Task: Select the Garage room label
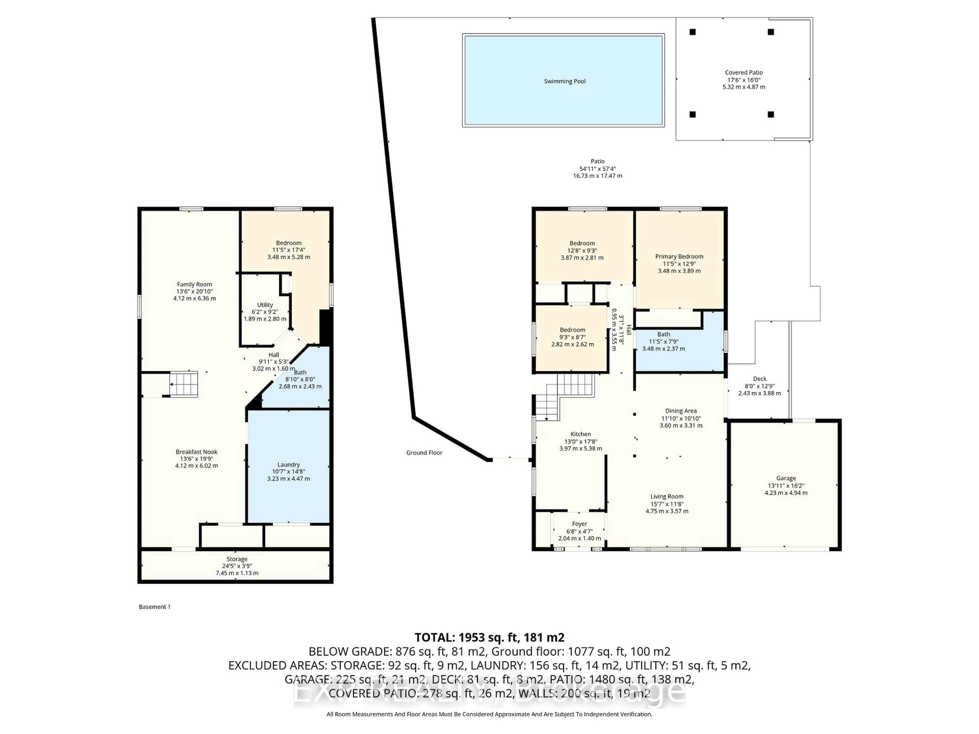point(786,478)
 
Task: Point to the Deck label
point(759,379)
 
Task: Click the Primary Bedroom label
point(679,257)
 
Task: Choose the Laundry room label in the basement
point(289,465)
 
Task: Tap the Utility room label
point(265,305)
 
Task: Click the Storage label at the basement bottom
point(237,559)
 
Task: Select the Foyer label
point(579,524)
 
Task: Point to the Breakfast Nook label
point(197,452)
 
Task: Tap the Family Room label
point(194,284)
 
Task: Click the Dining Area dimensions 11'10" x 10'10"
point(681,418)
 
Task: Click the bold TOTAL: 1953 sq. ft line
point(489,638)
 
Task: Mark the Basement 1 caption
point(154,607)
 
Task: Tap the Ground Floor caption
point(424,453)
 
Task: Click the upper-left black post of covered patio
point(693,32)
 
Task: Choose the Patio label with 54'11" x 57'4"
point(598,168)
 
